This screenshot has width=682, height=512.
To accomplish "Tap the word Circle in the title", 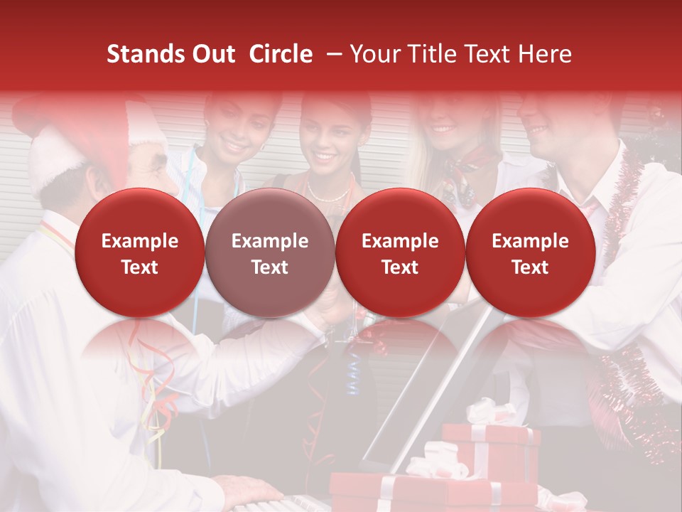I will coord(281,54).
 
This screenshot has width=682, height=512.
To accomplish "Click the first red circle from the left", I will coord(140,253).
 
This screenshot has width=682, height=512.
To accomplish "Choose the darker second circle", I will coord(270,253).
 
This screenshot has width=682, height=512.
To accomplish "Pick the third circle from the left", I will coord(400,253).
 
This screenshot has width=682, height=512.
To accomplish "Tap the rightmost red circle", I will coord(530,253).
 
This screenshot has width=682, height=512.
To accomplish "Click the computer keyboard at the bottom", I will coord(284,506).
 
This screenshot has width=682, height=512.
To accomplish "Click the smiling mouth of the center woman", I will coord(325,155).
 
